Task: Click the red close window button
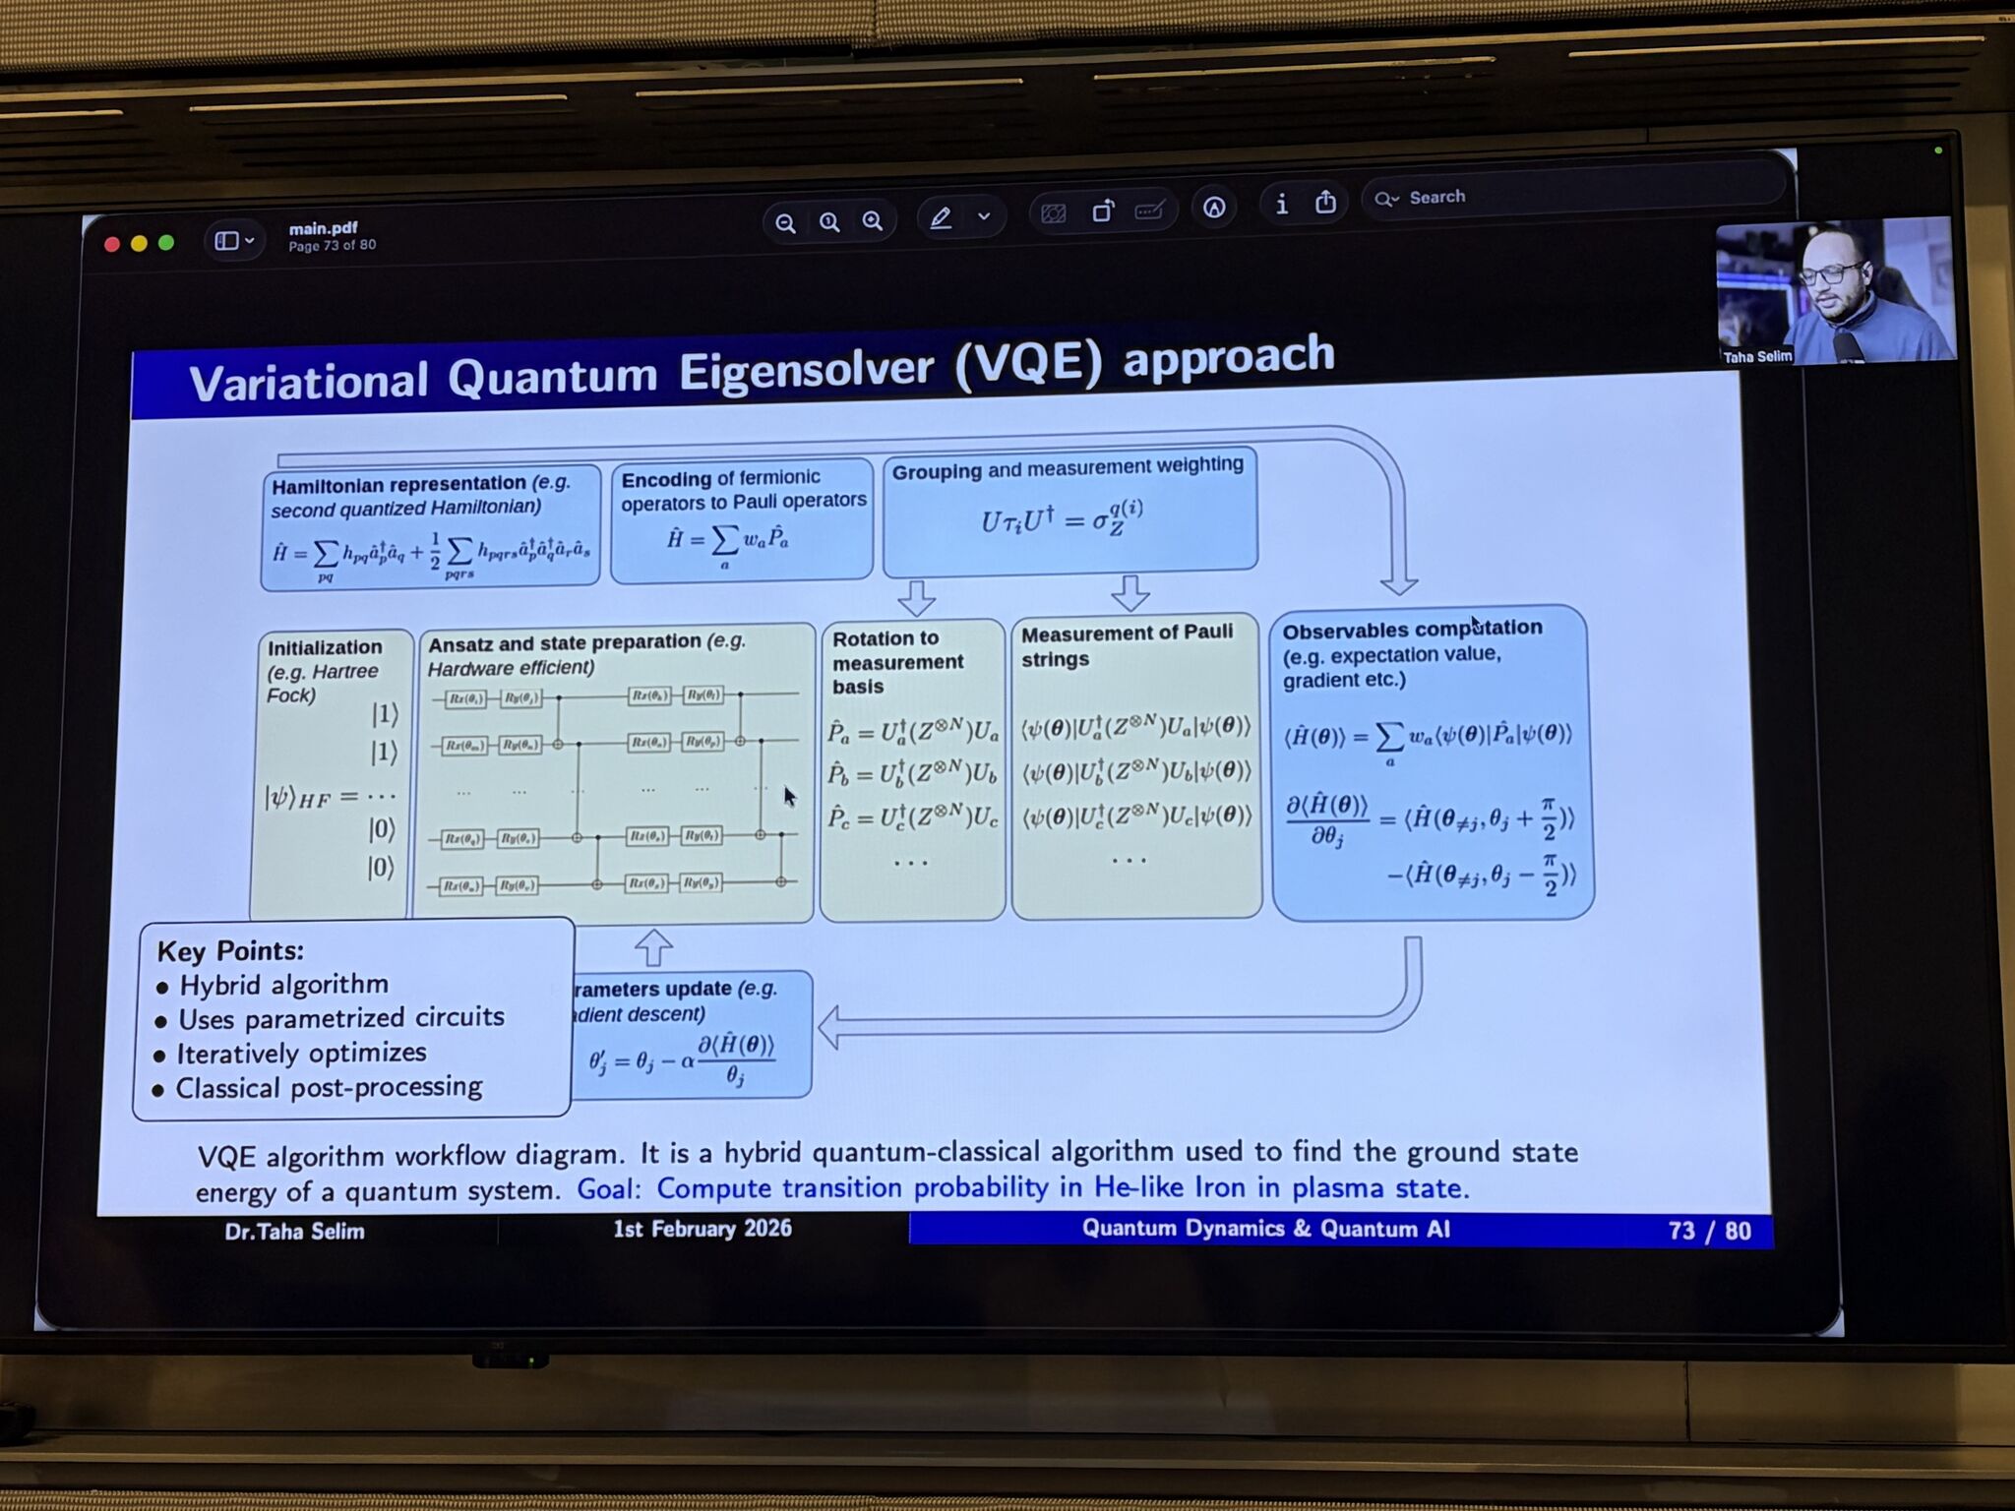tap(112, 244)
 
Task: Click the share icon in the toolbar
tap(1325, 203)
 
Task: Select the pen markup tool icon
tap(941, 218)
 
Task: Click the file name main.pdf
tap(323, 228)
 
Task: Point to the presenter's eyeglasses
tap(1833, 273)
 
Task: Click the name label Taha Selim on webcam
tap(1757, 356)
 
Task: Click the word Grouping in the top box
tap(936, 471)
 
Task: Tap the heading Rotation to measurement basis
tap(896, 662)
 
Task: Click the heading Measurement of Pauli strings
tap(1126, 645)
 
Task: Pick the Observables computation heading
tap(1412, 630)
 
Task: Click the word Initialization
tap(325, 647)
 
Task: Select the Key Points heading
tap(230, 950)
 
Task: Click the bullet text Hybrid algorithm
tap(283, 985)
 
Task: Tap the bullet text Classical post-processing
tap(329, 1087)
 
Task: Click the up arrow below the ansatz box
tap(653, 947)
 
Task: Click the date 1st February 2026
tap(702, 1229)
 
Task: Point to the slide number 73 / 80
tap(1709, 1231)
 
